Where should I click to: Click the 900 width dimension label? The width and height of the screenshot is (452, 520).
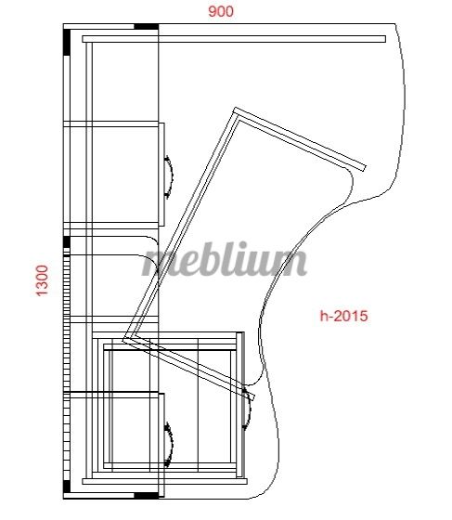point(221,11)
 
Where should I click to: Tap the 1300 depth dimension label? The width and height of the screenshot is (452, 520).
point(42,280)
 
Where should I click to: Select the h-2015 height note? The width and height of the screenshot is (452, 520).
point(343,316)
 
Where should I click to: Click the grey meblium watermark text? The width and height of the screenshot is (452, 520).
point(225,259)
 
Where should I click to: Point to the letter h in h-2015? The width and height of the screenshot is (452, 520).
point(323,316)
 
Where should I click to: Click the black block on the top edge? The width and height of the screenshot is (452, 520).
point(146,27)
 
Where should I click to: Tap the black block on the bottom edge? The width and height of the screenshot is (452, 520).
point(146,496)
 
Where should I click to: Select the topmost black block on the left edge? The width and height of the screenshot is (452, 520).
point(67,42)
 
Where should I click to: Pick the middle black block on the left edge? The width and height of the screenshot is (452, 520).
point(67,242)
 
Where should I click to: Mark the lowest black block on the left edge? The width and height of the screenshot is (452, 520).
point(67,487)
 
